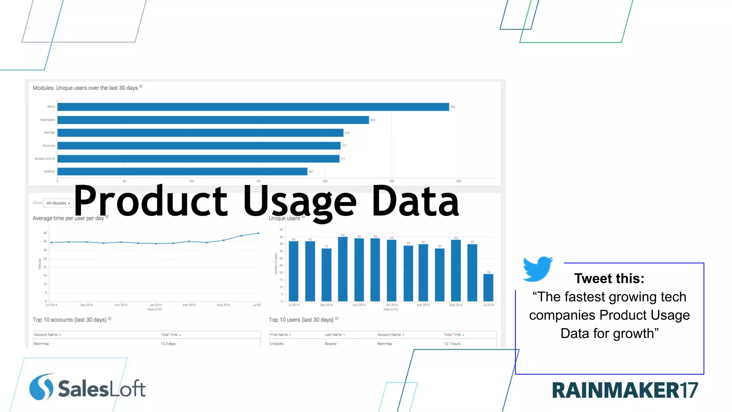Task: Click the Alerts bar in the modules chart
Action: click(x=253, y=107)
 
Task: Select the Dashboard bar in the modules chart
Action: click(x=213, y=120)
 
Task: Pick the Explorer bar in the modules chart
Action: click(x=182, y=172)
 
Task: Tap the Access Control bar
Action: click(x=198, y=158)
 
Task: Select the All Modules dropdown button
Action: click(x=58, y=203)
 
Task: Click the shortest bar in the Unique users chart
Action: click(x=488, y=288)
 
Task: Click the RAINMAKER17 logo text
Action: click(x=624, y=390)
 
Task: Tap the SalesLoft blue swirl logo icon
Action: click(x=41, y=387)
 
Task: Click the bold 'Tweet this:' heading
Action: click(x=609, y=279)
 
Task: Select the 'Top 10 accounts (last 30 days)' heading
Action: click(x=70, y=320)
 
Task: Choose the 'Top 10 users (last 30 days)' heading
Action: click(x=301, y=320)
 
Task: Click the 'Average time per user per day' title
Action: click(x=68, y=218)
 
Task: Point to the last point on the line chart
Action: click(x=258, y=233)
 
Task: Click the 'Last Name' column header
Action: click(x=333, y=335)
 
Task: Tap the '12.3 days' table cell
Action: click(x=168, y=344)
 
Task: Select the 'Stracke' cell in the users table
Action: click(x=330, y=344)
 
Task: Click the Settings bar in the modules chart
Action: click(x=200, y=133)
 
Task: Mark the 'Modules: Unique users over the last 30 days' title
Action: click(x=85, y=88)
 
